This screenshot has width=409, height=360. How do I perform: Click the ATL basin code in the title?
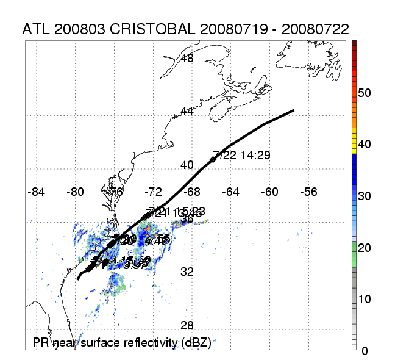pyautogui.click(x=35, y=29)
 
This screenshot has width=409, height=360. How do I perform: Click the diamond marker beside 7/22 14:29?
pyautogui.click(x=213, y=160)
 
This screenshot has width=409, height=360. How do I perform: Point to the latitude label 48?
pyautogui.click(x=188, y=59)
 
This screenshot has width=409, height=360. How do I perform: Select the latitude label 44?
pyautogui.click(x=188, y=112)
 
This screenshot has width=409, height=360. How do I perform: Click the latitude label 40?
pyautogui.click(x=188, y=165)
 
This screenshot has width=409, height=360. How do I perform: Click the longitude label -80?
pyautogui.click(x=76, y=192)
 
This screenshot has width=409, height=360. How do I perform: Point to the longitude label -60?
pyautogui.click(x=269, y=192)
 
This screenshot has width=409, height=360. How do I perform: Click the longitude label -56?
pyautogui.click(x=308, y=192)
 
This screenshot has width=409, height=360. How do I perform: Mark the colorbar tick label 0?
pyautogui.click(x=365, y=351)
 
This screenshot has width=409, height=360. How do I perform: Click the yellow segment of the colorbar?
pyautogui.click(x=354, y=147)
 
